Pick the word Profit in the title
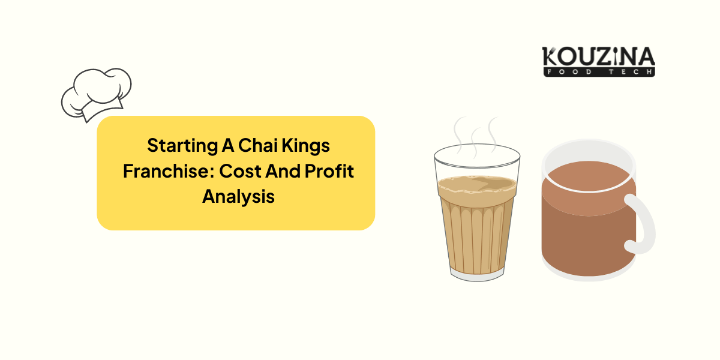(329, 171)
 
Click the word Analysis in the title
(238, 196)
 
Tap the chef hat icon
(97, 93)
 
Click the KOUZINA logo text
(598, 58)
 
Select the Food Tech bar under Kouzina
(598, 72)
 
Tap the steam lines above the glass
(475, 133)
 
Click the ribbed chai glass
(476, 222)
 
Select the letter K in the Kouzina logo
(550, 58)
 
